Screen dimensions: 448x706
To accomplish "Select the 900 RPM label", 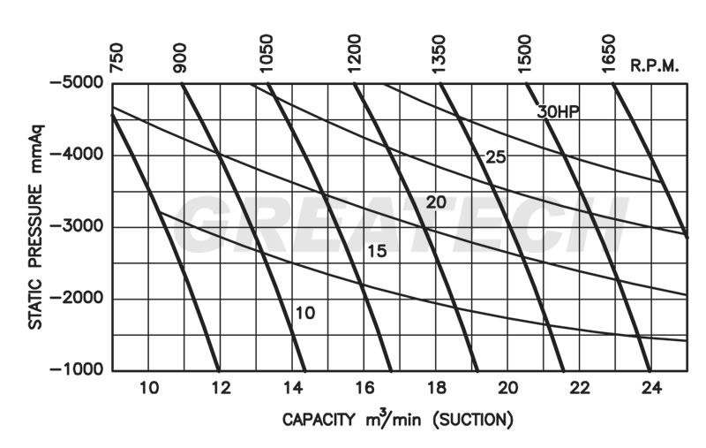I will (x=181, y=57).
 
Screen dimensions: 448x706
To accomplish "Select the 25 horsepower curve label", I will (x=495, y=157).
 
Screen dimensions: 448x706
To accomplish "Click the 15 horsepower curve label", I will (x=377, y=252).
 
